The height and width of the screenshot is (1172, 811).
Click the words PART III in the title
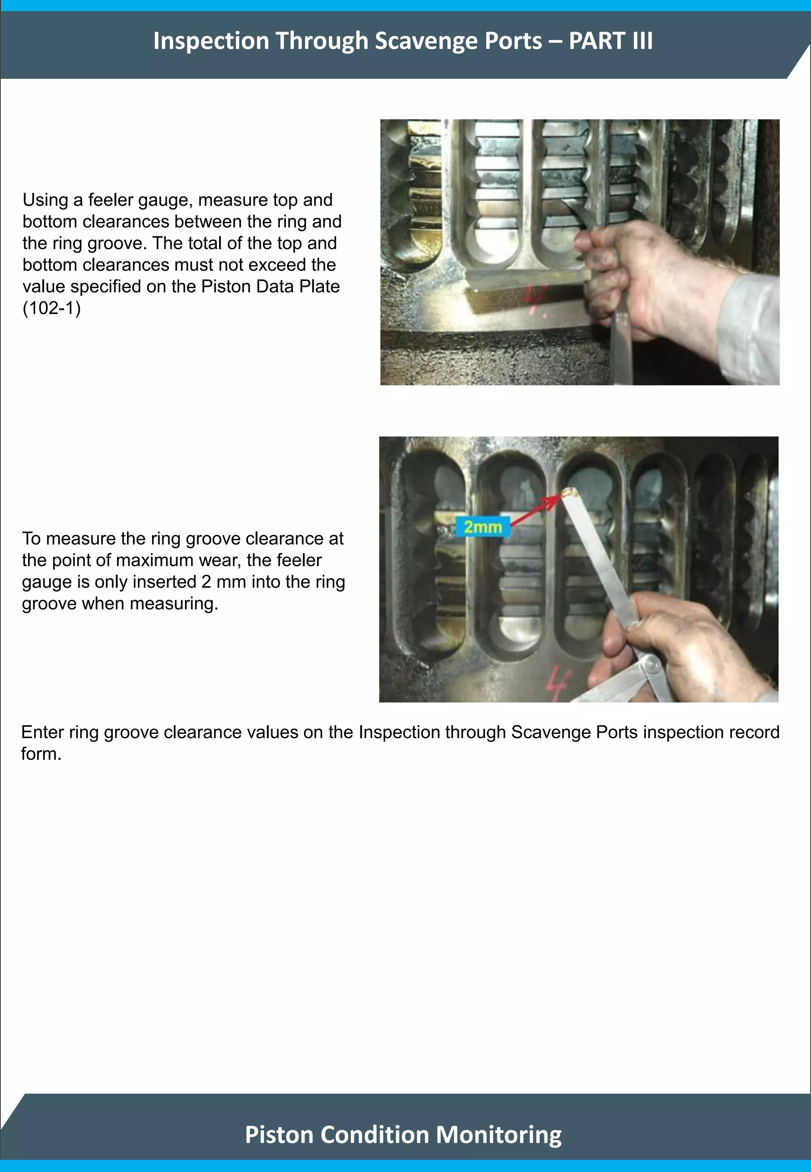(x=610, y=41)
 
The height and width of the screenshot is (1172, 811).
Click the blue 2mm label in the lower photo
(x=482, y=526)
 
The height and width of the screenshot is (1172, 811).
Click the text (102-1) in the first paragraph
(x=51, y=308)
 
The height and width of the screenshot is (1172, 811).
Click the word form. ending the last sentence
(x=41, y=754)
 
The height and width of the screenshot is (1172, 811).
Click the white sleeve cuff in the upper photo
(x=752, y=325)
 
